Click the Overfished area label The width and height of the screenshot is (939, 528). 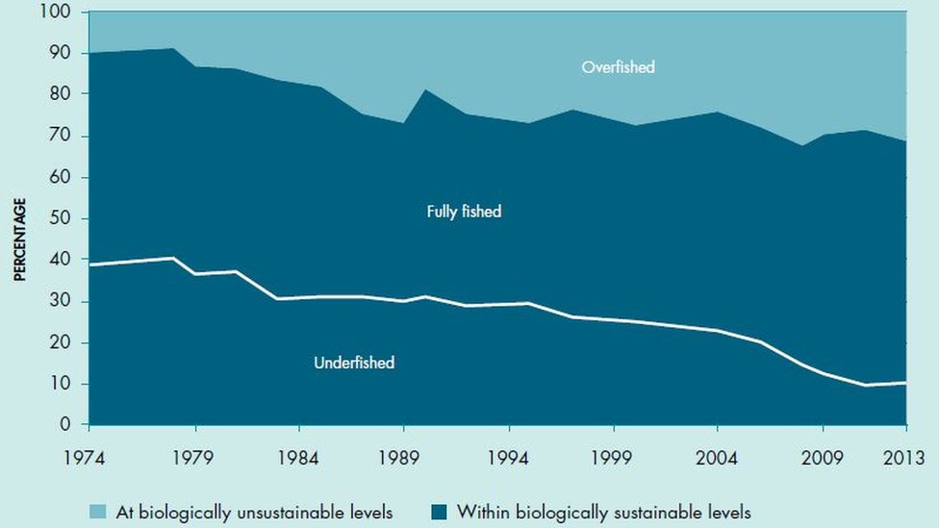click(618, 67)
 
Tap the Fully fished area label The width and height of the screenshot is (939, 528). click(464, 212)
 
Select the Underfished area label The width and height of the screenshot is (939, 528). click(354, 363)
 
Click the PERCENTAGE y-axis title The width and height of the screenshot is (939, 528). click(19, 239)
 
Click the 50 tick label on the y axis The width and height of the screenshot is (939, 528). click(62, 218)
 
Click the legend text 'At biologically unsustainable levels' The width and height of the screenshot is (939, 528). click(254, 512)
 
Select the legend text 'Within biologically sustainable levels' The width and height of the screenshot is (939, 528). click(603, 512)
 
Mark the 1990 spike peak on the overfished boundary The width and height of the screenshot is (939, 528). click(424, 90)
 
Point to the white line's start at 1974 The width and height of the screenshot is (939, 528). click(89, 264)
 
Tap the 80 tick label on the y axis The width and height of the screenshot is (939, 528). click(62, 95)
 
